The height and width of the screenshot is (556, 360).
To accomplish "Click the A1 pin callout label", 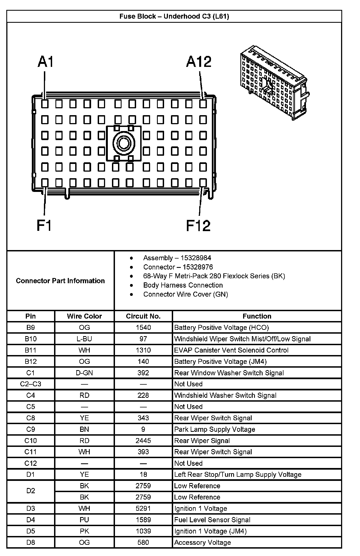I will point(46,62).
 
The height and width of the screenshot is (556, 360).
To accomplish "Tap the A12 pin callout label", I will point(199,62).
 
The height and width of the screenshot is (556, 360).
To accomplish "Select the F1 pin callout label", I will point(44,225).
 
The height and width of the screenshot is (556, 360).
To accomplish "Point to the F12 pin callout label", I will point(198,225).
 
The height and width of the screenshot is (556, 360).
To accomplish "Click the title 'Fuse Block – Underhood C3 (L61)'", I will point(174,16).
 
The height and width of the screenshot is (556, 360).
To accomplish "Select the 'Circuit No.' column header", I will point(143,316).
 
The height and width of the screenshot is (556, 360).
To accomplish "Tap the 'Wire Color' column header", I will point(84,316).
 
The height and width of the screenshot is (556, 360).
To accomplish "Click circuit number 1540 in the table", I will point(143,328).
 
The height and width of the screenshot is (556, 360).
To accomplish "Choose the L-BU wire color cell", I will point(84,339).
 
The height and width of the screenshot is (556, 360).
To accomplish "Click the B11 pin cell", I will point(30,350).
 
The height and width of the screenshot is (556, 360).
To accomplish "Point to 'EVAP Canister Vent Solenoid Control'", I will point(231,350).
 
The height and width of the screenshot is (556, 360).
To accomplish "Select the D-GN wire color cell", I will point(84,373).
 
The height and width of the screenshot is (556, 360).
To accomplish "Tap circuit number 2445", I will point(143,441).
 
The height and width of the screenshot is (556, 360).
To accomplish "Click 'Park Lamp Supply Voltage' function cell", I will point(215,429).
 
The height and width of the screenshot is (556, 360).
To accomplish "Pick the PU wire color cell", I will point(84,520).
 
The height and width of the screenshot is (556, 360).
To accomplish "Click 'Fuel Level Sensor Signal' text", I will point(212,520).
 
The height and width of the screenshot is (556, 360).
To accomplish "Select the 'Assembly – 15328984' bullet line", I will point(177,258).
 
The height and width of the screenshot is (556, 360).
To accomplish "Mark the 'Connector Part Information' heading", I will point(60,281).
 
